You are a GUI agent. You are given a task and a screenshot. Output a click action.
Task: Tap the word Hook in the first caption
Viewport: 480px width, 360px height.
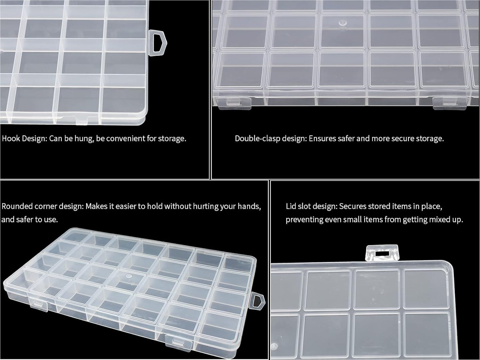[x=11, y=138]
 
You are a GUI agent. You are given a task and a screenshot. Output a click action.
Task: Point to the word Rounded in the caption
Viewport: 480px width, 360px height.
[x=17, y=206]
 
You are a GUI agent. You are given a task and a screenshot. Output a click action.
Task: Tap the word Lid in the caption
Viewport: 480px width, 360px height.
[x=291, y=206]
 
